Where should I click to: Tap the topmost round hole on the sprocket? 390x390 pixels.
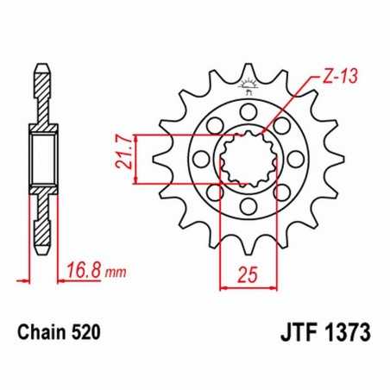248,110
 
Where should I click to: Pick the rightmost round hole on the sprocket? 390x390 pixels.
296,159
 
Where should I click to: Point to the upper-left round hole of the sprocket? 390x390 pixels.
215,125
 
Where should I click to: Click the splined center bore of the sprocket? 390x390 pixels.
248,159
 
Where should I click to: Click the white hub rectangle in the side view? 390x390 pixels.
41,157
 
